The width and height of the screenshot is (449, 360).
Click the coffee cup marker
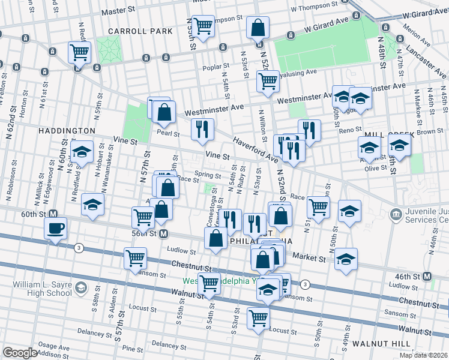pos(56,229)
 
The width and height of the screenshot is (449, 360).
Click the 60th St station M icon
pos(53,214)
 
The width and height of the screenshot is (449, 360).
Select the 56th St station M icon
pos(163,233)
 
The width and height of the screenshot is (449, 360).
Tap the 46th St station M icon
pos(427,276)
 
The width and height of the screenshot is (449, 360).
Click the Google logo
pos(20,352)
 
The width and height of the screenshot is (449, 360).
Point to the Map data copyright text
pos(423,355)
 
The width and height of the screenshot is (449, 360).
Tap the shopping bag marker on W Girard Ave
pos(258,28)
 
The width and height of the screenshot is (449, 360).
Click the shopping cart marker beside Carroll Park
pos(79,53)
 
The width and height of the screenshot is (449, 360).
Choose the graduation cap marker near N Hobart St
pos(82,152)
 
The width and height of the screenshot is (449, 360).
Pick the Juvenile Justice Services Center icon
pos(396,214)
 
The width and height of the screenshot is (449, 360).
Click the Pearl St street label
pos(169,133)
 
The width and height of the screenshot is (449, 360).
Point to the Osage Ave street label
pos(58,346)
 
